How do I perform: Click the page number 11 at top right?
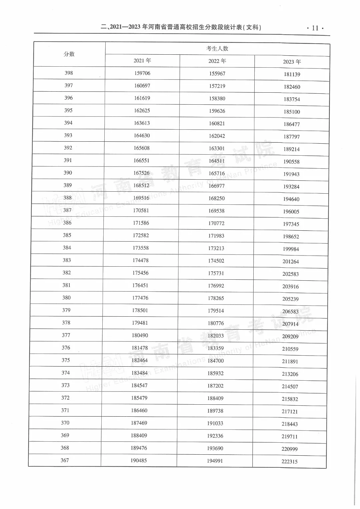click(x=315, y=28)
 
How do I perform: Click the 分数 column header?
click(x=69, y=54)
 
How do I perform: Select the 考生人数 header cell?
click(x=217, y=49)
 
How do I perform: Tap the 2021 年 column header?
click(x=142, y=61)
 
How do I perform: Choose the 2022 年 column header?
click(x=217, y=61)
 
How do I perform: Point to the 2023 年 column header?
click(x=292, y=62)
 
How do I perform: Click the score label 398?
click(x=69, y=73)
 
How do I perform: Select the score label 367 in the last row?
click(x=65, y=460)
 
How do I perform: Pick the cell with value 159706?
click(x=142, y=73)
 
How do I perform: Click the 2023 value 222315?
click(x=289, y=462)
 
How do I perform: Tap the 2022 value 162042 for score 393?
click(x=217, y=136)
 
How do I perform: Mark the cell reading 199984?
click(x=291, y=249)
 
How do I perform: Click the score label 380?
click(x=66, y=298)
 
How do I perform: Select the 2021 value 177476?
click(x=140, y=298)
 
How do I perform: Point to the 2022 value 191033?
click(x=215, y=423)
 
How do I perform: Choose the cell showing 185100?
click(x=292, y=112)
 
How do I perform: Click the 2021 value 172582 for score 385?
click(x=141, y=235)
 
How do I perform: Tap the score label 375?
click(x=66, y=360)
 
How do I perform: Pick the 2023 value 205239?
click(x=290, y=299)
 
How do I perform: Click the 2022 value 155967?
click(x=217, y=74)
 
